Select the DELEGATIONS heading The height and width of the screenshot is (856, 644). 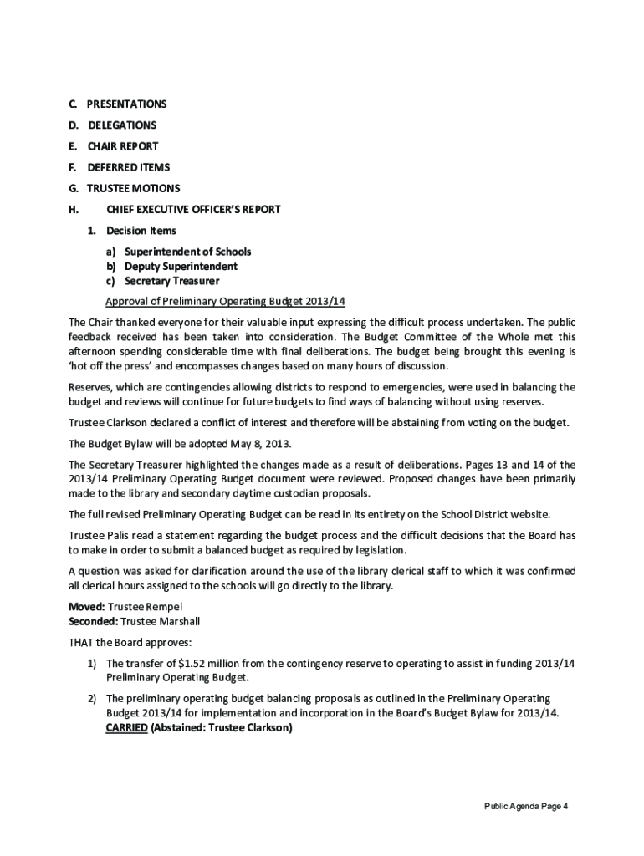tap(122, 125)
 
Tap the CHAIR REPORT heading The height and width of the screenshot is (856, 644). tap(123, 146)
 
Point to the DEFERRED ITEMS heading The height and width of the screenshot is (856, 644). tap(129, 167)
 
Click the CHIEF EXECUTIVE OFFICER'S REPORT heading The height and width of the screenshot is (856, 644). tap(193, 210)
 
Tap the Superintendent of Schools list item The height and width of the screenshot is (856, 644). tap(187, 252)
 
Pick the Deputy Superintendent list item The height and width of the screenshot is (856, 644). tap(181, 266)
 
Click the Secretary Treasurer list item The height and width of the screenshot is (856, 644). tap(171, 281)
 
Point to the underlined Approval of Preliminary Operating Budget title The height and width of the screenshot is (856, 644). tap(225, 301)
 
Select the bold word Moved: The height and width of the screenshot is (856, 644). tap(87, 607)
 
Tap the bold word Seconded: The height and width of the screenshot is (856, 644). tap(93, 621)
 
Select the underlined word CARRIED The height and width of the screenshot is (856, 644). tap(126, 728)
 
